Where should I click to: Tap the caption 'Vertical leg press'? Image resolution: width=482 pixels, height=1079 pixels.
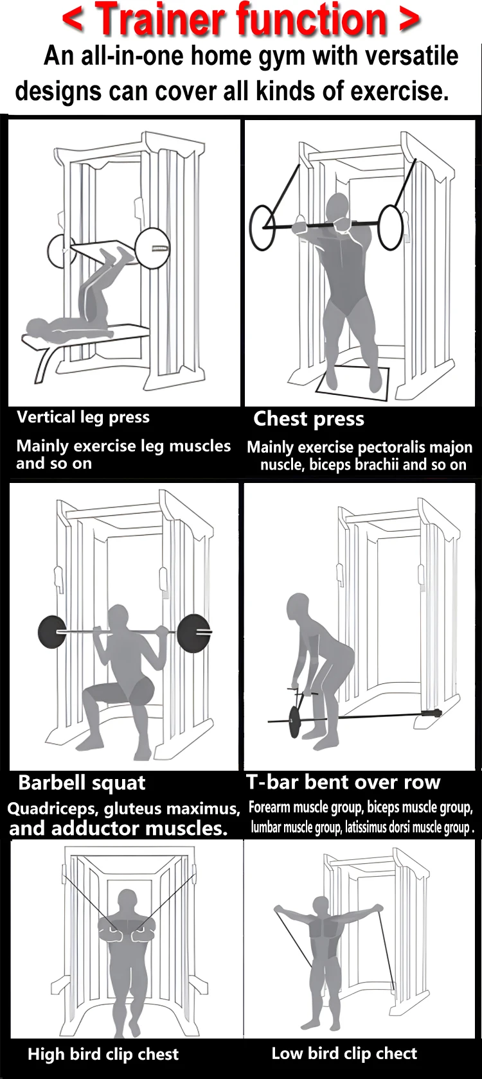click(83, 417)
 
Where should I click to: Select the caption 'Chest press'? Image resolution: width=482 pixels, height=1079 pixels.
click(308, 419)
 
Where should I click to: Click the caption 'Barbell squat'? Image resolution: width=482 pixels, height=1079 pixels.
click(82, 783)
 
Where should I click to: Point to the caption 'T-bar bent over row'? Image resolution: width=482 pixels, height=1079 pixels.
click(343, 782)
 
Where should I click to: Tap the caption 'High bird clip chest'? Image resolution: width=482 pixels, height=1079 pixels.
click(103, 1054)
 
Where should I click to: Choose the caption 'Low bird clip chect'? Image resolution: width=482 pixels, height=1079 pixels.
click(344, 1053)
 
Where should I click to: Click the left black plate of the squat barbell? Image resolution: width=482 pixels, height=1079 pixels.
click(52, 632)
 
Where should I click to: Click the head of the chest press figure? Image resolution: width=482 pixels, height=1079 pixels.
click(338, 209)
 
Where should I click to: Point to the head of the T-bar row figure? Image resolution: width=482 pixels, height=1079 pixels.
click(298, 608)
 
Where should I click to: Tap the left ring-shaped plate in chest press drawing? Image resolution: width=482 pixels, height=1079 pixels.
click(262, 227)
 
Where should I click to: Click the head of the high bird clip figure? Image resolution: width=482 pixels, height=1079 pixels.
click(127, 902)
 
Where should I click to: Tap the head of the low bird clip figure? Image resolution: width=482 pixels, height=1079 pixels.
click(321, 906)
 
